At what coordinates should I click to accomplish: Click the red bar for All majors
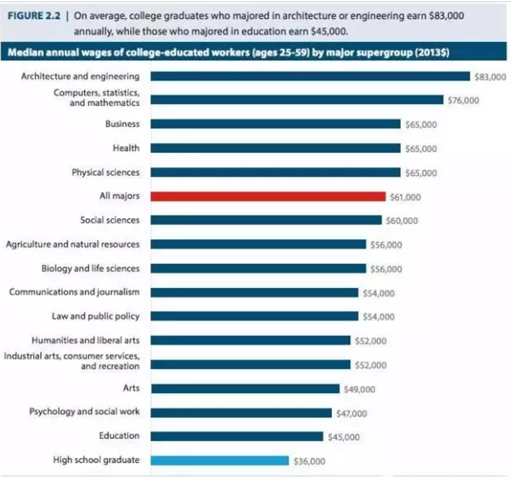click(x=268, y=196)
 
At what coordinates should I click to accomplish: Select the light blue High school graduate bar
click(x=220, y=460)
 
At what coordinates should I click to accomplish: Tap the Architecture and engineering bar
click(x=310, y=76)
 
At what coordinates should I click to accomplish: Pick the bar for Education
click(x=237, y=437)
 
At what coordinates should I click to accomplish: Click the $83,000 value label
click(x=490, y=77)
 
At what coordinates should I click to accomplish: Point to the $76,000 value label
click(x=463, y=100)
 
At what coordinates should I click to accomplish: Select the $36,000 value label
click(x=309, y=461)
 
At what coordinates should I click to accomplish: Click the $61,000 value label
click(x=405, y=197)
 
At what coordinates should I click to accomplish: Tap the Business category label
click(x=122, y=124)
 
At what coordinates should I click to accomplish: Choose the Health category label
click(x=126, y=148)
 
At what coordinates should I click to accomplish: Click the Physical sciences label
click(x=106, y=172)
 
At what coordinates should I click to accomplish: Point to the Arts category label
click(x=131, y=388)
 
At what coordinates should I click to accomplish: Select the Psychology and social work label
click(x=84, y=412)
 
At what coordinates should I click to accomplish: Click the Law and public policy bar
click(x=255, y=316)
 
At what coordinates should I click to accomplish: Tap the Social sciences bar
click(x=266, y=220)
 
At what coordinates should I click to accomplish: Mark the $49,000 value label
click(x=359, y=389)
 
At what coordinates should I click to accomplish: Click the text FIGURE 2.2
click(x=34, y=16)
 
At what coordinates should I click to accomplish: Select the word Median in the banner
click(x=26, y=52)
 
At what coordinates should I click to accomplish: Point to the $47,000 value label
click(x=352, y=414)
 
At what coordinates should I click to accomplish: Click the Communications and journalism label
click(x=74, y=292)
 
